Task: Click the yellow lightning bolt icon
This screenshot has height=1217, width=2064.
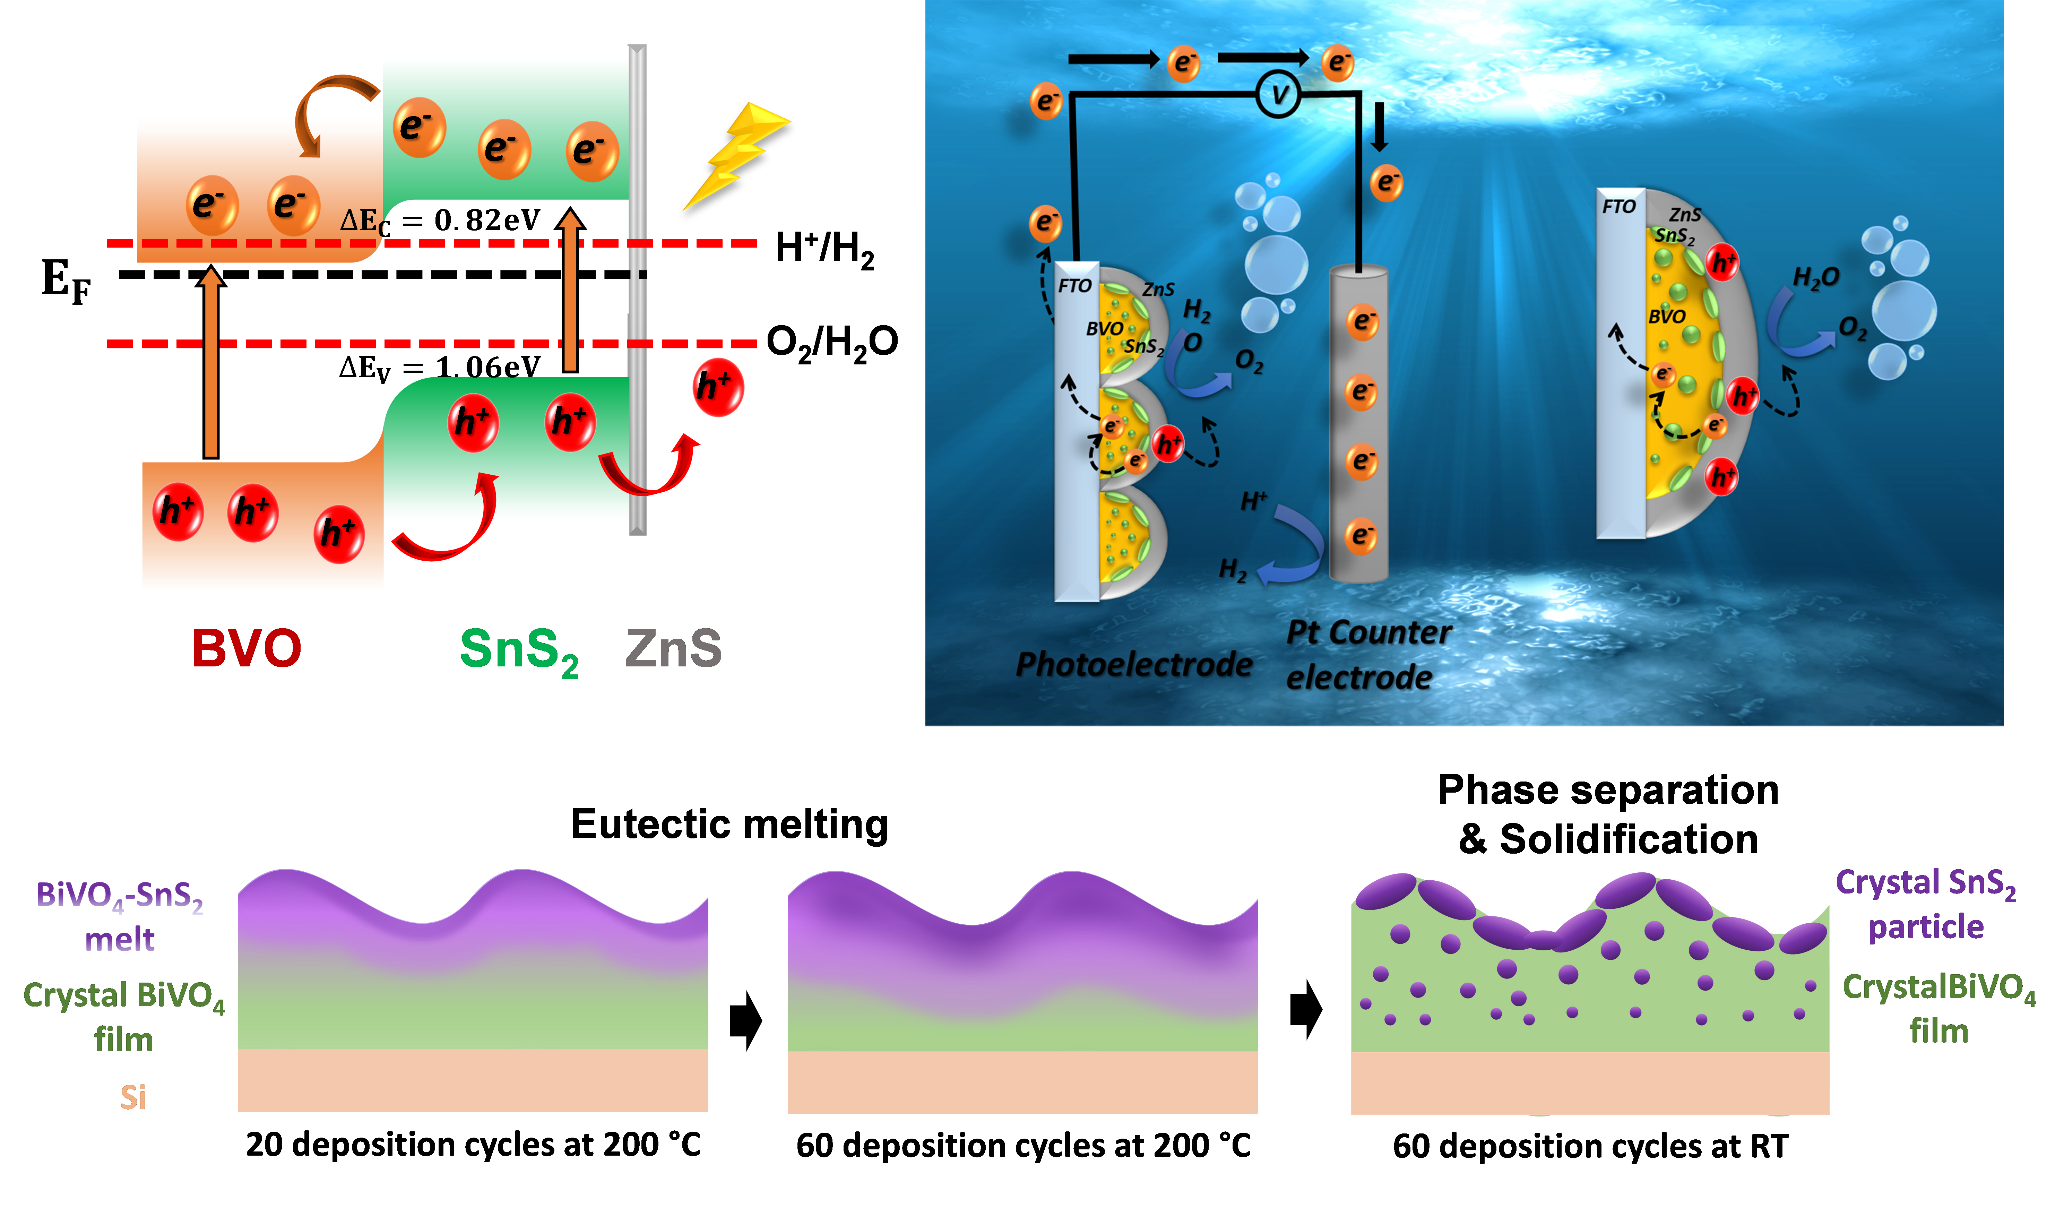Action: point(734,156)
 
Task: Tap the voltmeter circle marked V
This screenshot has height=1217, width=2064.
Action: point(1278,95)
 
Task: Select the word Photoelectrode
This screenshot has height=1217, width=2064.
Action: point(1134,664)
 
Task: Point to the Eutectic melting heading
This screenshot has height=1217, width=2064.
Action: point(729,824)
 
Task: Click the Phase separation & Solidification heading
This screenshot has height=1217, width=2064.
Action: point(1608,814)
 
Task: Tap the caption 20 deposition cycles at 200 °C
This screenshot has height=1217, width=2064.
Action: point(473,1145)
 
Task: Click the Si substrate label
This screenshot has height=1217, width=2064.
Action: point(133,1097)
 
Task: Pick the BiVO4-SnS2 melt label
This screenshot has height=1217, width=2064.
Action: point(120,916)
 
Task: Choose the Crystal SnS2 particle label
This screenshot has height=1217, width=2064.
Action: point(1925,905)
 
